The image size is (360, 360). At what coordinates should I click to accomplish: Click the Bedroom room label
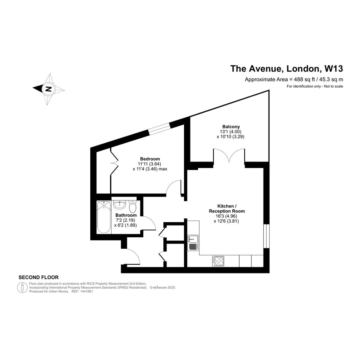coord(150,159)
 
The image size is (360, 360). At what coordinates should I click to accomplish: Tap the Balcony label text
coord(231,126)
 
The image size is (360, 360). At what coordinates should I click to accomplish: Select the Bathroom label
coord(126,215)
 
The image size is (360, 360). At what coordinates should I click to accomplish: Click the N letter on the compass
coord(48,89)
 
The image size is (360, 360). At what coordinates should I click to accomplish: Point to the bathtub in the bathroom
coord(104,217)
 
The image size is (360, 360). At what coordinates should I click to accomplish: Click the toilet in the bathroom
coord(133,206)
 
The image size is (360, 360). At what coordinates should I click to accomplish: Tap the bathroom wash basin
coord(119,205)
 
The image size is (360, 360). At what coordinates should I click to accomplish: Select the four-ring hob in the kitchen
coord(218,261)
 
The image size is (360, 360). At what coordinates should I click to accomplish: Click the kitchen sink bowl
coord(193,239)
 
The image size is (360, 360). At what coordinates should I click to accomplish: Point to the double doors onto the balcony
coord(229,156)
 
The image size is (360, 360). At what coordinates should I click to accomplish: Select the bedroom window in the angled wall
coord(159,129)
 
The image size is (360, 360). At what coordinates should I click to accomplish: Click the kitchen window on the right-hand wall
coord(266,236)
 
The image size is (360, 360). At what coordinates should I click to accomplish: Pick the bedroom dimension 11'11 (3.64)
coord(149,164)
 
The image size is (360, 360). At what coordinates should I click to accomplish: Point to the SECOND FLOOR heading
coord(38,277)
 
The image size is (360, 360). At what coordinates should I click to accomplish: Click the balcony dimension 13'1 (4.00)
coord(230,131)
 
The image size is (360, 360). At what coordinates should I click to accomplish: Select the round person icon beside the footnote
coord(22,288)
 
